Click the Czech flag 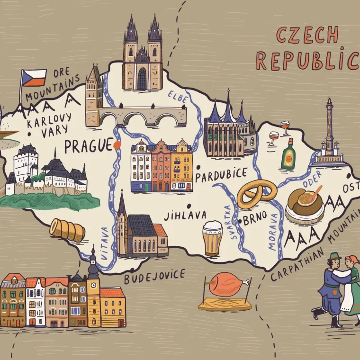point(33,78)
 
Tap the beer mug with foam point(212,238)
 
